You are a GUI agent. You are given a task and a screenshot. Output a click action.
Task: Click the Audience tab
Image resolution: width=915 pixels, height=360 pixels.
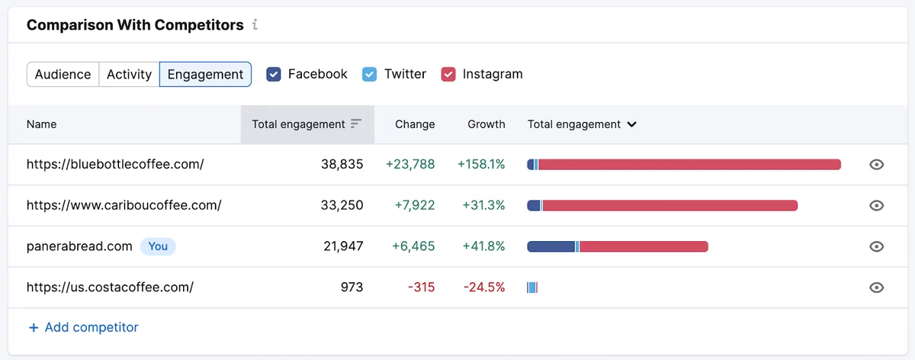63,75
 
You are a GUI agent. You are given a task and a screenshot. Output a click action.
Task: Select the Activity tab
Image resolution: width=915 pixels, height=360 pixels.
129,75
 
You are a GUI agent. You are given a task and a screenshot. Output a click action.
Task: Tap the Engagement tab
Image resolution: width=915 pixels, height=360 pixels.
205,75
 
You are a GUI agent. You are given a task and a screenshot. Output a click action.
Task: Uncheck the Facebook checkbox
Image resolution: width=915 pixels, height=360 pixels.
274,75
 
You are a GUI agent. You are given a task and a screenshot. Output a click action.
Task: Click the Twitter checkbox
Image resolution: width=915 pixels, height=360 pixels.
369,75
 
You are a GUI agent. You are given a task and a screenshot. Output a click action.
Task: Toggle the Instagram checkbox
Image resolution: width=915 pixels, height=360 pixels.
448,75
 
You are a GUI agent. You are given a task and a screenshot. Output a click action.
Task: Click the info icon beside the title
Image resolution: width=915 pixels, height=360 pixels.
255,24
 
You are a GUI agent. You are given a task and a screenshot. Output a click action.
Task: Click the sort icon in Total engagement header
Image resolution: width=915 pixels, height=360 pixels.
356,124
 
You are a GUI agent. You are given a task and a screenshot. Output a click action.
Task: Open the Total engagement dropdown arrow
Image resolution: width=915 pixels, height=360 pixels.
631,124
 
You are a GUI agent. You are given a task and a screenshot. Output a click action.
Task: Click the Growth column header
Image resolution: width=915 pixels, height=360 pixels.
486,124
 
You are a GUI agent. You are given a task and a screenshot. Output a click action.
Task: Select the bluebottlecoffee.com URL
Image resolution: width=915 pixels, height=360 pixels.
115,164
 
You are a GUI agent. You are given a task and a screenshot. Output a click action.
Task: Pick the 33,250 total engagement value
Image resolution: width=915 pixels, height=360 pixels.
342,205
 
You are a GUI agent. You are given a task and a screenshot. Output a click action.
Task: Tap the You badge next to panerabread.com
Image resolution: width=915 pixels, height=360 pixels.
158,246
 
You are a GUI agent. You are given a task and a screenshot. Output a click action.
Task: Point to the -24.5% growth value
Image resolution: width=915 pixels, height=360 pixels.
484,288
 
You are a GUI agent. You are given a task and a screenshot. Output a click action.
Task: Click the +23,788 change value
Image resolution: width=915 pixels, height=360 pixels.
410,164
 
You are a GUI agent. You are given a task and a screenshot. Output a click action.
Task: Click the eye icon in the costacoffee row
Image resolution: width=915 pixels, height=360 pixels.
876,288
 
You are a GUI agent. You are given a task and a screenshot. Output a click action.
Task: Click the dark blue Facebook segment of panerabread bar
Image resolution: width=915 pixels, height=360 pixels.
551,246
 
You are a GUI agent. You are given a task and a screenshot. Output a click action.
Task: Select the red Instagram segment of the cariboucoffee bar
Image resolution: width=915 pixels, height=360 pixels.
670,205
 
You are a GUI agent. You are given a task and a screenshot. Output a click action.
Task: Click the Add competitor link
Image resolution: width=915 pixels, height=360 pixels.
83,327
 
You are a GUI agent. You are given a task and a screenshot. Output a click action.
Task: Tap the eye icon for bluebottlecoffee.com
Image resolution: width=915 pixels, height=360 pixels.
876,165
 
